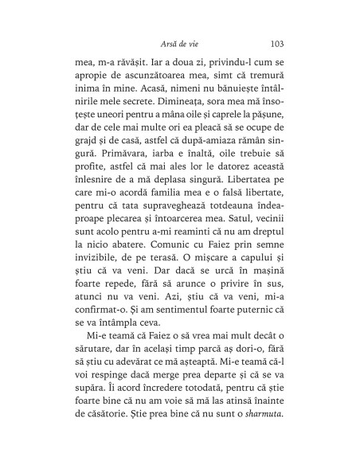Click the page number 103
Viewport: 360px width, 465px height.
point(280,43)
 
